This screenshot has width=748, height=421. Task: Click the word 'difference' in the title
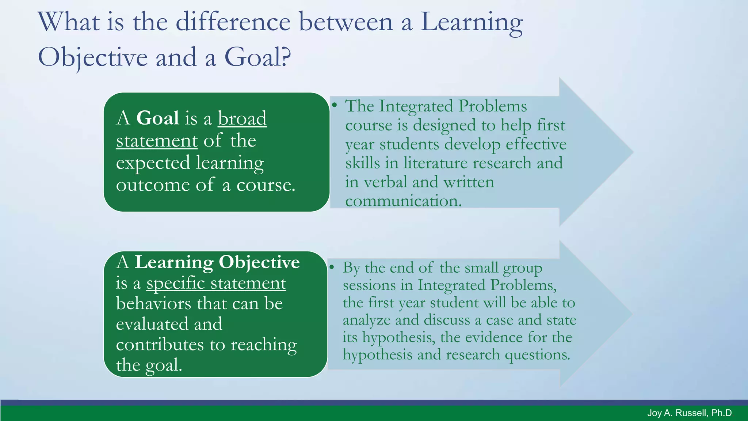pyautogui.click(x=233, y=22)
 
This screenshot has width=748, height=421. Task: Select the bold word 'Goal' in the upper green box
pyautogui.click(x=157, y=118)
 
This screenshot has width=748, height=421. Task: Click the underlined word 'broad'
pyautogui.click(x=242, y=118)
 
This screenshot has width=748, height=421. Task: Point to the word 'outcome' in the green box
pyautogui.click(x=153, y=185)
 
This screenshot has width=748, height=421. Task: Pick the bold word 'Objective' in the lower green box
pyautogui.click(x=259, y=262)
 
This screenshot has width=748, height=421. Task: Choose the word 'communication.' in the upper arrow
pyautogui.click(x=403, y=201)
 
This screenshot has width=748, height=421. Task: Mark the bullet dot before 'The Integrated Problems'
pyautogui.click(x=334, y=105)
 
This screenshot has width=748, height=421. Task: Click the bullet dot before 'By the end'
pyautogui.click(x=332, y=267)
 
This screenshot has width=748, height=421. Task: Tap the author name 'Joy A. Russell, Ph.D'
pyautogui.click(x=689, y=413)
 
